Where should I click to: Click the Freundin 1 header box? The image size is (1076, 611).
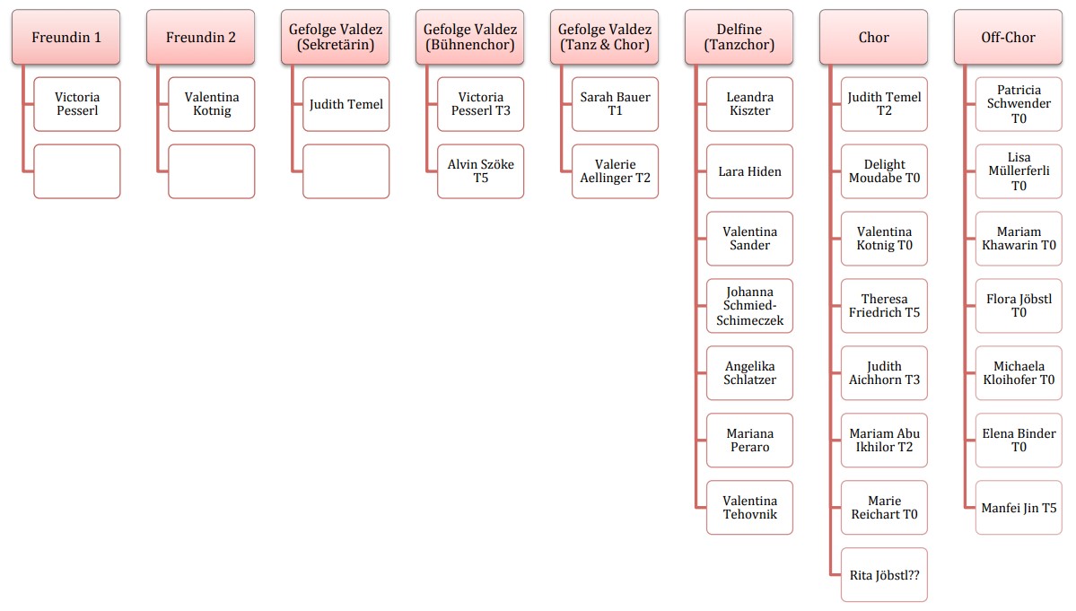point(66,37)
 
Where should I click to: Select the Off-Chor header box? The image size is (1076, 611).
point(1008,37)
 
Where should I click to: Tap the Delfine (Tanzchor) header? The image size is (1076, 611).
point(739,37)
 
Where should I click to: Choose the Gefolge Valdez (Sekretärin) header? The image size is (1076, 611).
point(335,37)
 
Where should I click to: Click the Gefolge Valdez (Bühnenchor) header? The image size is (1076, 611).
point(469,37)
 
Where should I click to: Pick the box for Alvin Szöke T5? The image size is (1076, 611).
point(480,171)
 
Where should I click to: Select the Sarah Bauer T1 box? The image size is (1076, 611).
point(615,104)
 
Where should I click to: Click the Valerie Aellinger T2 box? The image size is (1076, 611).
point(615,171)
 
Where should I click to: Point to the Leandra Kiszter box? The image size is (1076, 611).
point(749,104)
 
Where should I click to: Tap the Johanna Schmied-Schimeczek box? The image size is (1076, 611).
point(749,306)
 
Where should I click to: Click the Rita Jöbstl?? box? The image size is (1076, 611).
point(884,574)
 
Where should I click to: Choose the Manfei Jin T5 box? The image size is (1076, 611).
point(1019,508)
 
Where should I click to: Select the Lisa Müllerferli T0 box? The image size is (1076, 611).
point(1019,171)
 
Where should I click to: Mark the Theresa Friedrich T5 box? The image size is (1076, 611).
point(884,306)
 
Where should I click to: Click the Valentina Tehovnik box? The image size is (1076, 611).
point(749,508)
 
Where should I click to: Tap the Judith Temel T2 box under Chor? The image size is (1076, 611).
point(884,104)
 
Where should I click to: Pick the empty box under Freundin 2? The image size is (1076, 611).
point(211,171)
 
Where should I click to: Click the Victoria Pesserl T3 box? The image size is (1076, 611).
point(480,104)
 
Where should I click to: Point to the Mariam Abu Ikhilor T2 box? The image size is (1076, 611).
point(884,441)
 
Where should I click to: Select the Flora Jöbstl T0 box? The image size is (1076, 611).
point(1019,306)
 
